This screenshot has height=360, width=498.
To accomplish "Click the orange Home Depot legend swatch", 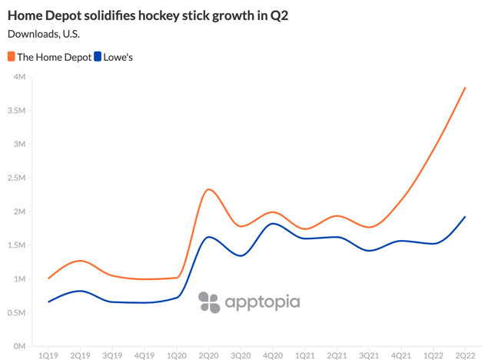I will [x=11, y=57].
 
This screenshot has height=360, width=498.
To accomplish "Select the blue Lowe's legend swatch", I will [x=98, y=57].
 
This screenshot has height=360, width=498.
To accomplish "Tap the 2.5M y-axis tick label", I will [x=17, y=178].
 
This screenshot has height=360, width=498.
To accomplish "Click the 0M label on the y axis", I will [x=20, y=346].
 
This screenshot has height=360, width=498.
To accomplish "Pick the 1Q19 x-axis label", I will [x=48, y=355].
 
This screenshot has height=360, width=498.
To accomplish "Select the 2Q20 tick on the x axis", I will [x=208, y=355].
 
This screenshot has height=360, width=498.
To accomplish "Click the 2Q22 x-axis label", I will [x=465, y=355].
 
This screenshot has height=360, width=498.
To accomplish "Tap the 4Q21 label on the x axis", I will [x=400, y=355].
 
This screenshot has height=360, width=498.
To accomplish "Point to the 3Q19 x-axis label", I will [x=112, y=355].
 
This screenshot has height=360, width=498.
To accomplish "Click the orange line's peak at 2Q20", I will [x=208, y=189].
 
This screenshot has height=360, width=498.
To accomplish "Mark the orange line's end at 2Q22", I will [x=465, y=88].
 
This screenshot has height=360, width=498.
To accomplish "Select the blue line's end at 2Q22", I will [x=465, y=217].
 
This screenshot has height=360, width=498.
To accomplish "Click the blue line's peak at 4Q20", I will [x=272, y=224].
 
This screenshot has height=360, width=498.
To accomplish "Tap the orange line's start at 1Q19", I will [x=48, y=278].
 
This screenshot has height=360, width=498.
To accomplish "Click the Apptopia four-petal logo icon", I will [x=208, y=302].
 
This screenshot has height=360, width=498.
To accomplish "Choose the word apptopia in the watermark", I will [x=262, y=302].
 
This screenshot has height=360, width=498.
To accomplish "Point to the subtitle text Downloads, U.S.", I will [x=44, y=33].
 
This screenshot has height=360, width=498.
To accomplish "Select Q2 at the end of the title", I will [x=279, y=15].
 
